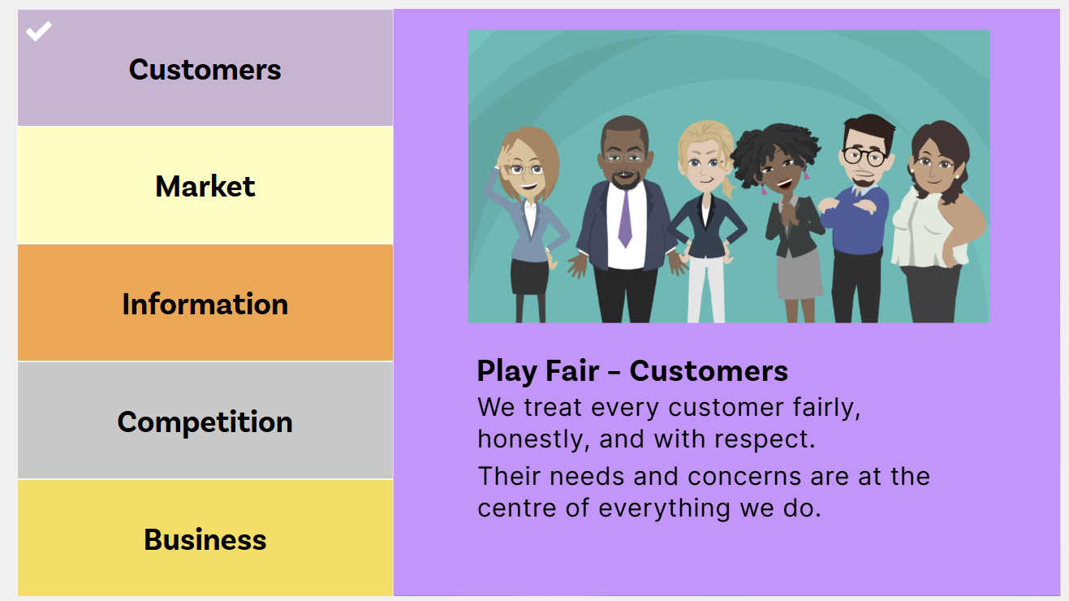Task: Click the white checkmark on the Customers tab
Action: pyautogui.click(x=39, y=31)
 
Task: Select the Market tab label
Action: pyautogui.click(x=205, y=186)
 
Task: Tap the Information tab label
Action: pyautogui.click(x=205, y=304)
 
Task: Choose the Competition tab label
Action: pyautogui.click(x=205, y=422)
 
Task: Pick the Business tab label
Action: pyautogui.click(x=205, y=540)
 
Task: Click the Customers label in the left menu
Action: pyautogui.click(x=205, y=70)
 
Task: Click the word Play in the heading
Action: pyautogui.click(x=507, y=372)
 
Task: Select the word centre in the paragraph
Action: pyautogui.click(x=517, y=508)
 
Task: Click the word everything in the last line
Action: pyautogui.click(x=664, y=508)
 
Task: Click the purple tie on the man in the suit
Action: pyautogui.click(x=625, y=218)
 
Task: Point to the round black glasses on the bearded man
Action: pyautogui.click(x=864, y=157)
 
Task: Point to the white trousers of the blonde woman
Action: pyautogui.click(x=706, y=290)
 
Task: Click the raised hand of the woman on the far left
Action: pyautogui.click(x=502, y=156)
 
